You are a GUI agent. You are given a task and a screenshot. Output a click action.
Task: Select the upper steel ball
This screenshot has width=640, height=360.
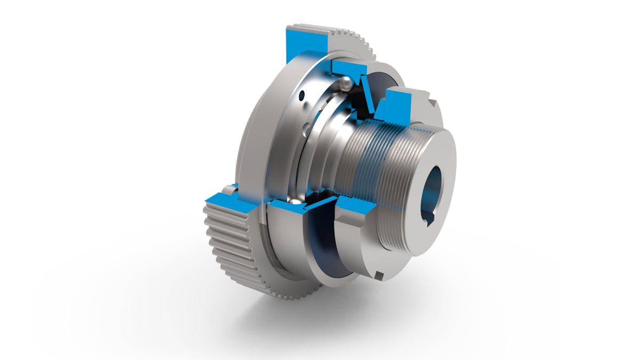click(x=346, y=83)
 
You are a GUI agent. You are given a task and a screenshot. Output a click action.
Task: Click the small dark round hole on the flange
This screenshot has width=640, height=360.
click(x=302, y=96)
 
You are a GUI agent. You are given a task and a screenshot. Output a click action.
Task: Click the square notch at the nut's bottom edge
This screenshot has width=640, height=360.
click(x=378, y=275)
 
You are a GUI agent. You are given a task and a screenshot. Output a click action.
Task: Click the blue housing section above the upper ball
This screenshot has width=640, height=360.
click(x=349, y=67)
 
